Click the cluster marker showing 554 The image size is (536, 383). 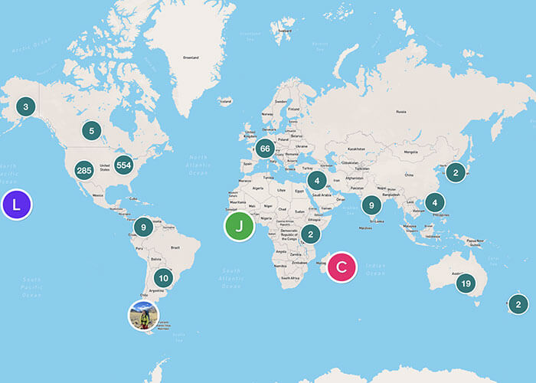click(124, 165)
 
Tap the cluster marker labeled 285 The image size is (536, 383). click(84, 170)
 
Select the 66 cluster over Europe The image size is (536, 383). click(266, 149)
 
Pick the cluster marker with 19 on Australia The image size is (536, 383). click(465, 284)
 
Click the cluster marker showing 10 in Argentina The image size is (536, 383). click(162, 278)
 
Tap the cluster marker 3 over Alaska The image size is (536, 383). click(25, 107)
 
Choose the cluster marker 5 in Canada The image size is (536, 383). click(91, 131)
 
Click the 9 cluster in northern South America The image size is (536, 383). click(143, 227)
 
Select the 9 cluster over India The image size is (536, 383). click(371, 205)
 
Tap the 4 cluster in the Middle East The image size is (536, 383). click(317, 181)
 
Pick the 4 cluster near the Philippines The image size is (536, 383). click(435, 203)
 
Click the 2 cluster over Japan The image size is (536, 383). click(456, 172)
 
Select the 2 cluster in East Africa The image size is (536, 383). click(310, 234)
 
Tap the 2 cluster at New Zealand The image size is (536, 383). click(518, 303)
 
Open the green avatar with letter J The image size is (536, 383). click(240, 226)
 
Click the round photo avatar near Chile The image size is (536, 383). click(143, 315)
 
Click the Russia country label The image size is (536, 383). click(400, 110)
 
